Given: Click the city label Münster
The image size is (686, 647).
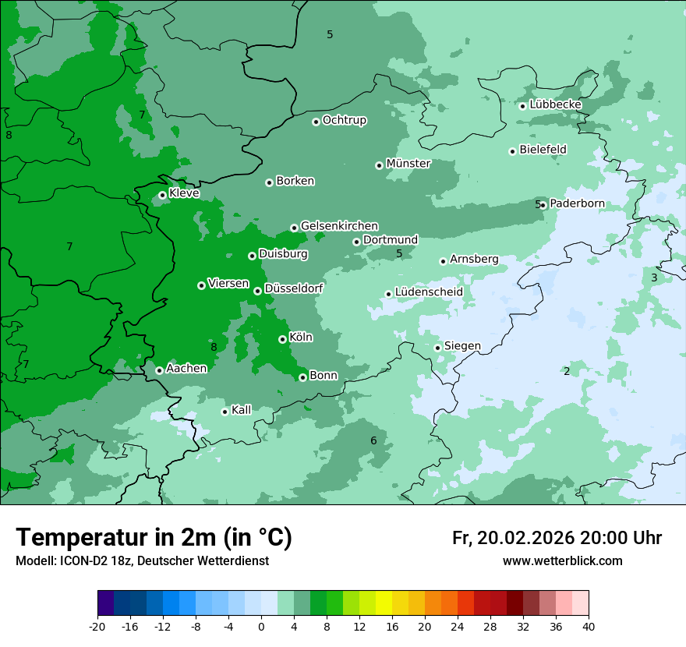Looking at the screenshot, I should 408,164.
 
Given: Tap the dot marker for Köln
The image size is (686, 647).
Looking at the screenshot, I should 282,339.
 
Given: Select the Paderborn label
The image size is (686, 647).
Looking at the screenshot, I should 577,203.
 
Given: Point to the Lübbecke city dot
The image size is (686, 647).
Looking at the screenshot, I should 522,106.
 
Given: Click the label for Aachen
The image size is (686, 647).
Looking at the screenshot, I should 186,368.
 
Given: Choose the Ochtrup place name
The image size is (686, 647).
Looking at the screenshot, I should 344,120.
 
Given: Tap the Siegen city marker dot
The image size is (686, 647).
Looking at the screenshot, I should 437,348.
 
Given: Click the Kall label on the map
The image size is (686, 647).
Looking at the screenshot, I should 242,409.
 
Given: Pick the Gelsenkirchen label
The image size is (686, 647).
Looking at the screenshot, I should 339,225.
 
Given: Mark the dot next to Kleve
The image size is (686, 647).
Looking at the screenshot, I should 162,195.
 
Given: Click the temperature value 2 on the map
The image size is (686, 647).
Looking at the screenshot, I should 567,371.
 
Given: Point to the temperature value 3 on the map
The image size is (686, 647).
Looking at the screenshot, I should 654,278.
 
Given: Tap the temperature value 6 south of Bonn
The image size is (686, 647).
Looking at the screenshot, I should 373,440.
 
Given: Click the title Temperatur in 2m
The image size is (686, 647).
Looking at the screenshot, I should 154,537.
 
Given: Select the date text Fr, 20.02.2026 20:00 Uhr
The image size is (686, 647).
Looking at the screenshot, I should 557,538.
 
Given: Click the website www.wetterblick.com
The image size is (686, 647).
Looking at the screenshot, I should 562,560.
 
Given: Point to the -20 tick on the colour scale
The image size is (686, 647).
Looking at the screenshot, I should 97,626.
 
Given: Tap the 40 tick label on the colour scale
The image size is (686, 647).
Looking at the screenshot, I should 589,626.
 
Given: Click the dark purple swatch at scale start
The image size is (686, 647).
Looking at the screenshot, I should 105,603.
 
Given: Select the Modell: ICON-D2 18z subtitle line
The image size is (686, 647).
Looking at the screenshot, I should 142,560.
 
